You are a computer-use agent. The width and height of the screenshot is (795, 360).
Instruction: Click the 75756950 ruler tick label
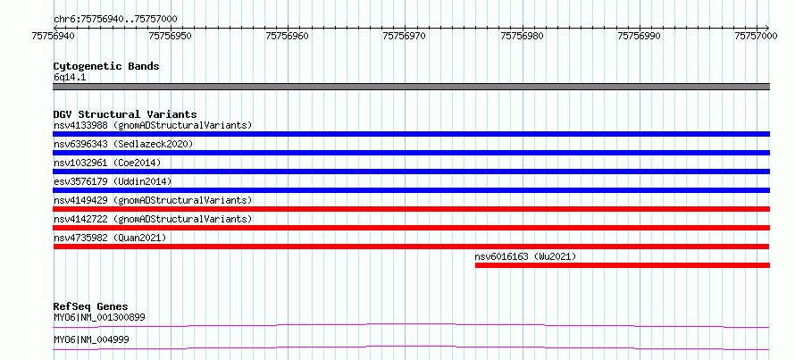171,36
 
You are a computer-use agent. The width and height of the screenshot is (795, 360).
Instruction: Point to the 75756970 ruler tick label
405,36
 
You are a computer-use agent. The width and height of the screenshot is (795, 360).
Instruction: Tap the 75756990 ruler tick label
639,36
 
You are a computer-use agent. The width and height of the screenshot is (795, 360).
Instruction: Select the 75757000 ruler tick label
756,36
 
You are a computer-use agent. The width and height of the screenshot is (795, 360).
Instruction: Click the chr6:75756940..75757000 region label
115,20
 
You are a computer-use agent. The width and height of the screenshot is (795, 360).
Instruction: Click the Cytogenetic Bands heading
106,66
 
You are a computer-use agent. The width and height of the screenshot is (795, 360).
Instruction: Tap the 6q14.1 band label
70,78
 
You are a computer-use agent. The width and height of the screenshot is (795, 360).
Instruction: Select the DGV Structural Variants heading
125,114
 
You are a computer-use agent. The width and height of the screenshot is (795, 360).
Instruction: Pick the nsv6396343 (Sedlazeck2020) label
123,144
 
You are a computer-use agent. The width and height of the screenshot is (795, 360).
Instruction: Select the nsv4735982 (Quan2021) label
110,238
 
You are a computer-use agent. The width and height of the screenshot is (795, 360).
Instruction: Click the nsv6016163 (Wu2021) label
525,256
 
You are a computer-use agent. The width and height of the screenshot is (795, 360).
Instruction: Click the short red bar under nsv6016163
622,265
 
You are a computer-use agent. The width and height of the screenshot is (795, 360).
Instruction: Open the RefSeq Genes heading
91,306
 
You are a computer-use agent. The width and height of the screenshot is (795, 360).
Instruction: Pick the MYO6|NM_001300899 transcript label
99,318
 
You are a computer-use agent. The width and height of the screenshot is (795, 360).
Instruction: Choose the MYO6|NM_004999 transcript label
91,339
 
